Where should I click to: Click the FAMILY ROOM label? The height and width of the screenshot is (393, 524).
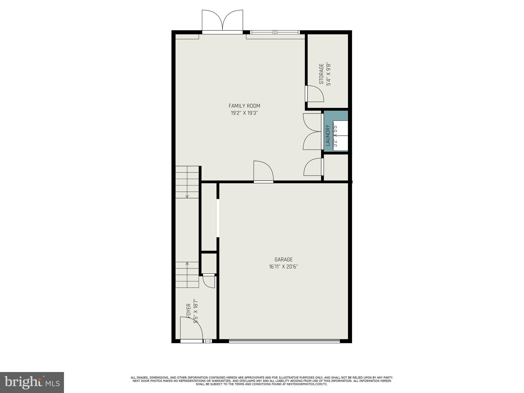[x=244, y=106]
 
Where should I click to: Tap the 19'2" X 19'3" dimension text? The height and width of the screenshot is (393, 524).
[x=244, y=113]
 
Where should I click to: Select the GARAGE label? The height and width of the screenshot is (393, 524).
[x=283, y=259]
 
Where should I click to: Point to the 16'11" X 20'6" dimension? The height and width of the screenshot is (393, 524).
[x=283, y=267]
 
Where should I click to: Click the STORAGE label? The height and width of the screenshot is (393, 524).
[x=321, y=74]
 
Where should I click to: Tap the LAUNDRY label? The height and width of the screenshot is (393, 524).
[x=328, y=135]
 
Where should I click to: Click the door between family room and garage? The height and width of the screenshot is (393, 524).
[x=263, y=172]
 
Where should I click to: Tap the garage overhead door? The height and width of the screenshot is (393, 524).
[x=284, y=341]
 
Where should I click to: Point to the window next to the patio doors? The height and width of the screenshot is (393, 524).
[x=275, y=32]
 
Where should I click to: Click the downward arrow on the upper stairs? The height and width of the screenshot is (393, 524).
[x=187, y=196]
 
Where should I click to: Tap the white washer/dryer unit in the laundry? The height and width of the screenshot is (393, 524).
[x=340, y=136]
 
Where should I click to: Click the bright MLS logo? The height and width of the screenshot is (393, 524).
[x=32, y=382]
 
